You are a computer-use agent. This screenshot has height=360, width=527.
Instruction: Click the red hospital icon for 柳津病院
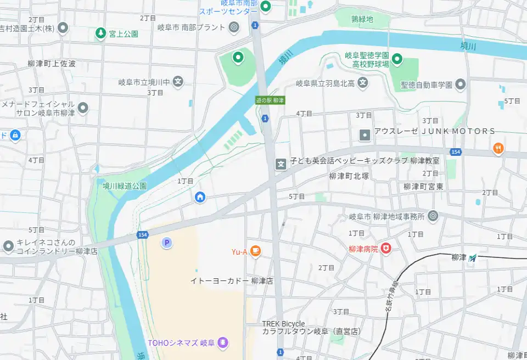(386, 249)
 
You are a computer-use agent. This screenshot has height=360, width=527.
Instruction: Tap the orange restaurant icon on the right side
(498, 148)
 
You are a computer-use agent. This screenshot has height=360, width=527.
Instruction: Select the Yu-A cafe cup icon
(255, 251)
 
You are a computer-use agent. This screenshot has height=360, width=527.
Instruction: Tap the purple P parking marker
(166, 242)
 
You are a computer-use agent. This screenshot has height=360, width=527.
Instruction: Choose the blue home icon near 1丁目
(200, 196)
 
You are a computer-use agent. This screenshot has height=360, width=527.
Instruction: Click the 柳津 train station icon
(473, 257)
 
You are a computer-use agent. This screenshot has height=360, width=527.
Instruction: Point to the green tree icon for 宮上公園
(100, 33)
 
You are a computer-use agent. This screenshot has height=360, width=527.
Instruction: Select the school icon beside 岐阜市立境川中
(178, 82)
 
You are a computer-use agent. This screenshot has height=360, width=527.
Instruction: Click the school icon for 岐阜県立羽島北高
(362, 83)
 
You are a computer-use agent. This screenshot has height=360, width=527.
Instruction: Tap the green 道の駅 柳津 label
(270, 100)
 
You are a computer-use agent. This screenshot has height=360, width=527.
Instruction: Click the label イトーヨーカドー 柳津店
(232, 280)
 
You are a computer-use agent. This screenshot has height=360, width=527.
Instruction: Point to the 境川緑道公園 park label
(125, 186)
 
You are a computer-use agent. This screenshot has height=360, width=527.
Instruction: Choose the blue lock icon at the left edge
(14, 134)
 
